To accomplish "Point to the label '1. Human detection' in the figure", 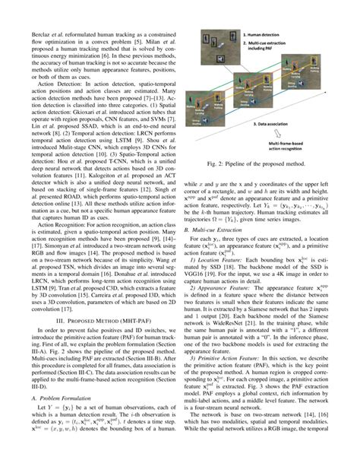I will [x=268, y=34].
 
